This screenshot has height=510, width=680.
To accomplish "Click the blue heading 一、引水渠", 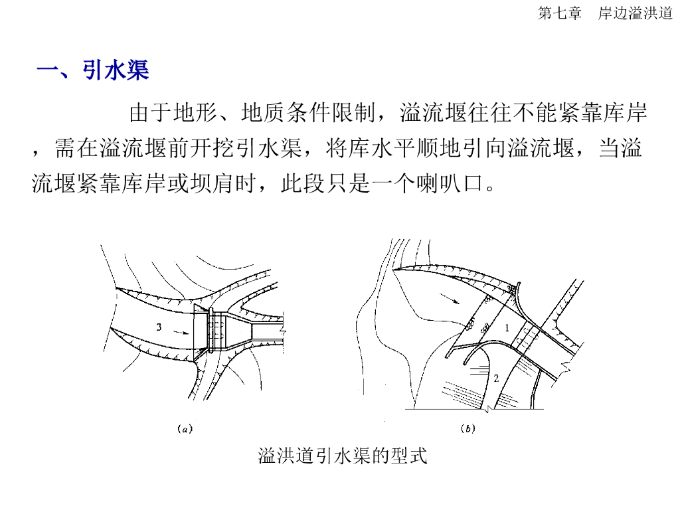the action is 92,70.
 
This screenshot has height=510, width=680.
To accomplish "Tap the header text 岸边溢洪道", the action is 635,13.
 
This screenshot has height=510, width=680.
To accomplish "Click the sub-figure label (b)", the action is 467,429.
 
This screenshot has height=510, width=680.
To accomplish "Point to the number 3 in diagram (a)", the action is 159,327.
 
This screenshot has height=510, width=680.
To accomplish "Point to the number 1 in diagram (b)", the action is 506,327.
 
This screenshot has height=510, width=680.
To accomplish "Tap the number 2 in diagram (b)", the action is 495,379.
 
